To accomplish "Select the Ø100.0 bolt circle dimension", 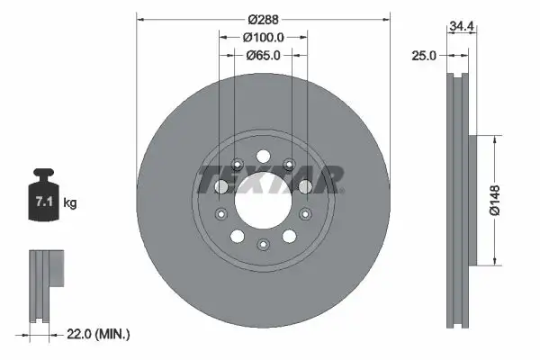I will coord(263,37).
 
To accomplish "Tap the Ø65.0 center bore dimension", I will coord(263,55).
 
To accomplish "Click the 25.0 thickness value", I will coord(426,56).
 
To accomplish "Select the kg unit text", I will coord(71,203).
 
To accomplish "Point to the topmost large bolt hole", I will coord(262,154).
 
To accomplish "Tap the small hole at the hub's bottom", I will coord(262,245).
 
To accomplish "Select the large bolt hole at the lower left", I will coord(237,236).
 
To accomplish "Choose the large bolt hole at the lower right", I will coord(288,236).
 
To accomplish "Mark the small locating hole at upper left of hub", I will coord(236,164).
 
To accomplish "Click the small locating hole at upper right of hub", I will coord(289,164).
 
